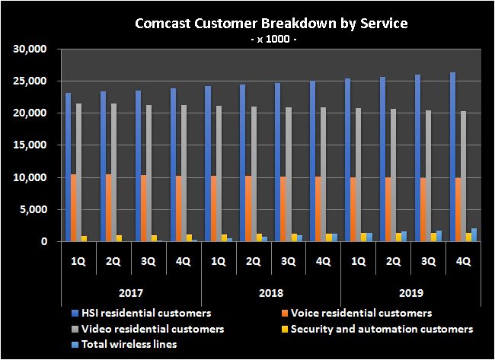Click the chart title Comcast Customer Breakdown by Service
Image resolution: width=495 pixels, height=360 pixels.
pyautogui.click(x=271, y=23)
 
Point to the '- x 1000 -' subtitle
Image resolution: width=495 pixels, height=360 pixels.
pyautogui.click(x=271, y=39)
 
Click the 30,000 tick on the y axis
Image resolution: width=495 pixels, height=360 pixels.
pyautogui.click(x=31, y=49)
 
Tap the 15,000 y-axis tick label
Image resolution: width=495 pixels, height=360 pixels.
pyautogui.click(x=31, y=145)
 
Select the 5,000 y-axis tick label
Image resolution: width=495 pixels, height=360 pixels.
pyautogui.click(x=34, y=210)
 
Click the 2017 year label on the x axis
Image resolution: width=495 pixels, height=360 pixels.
pyautogui.click(x=130, y=292)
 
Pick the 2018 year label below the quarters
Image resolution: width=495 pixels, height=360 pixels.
pyautogui.click(x=270, y=292)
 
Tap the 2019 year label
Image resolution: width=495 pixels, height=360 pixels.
pyautogui.click(x=410, y=292)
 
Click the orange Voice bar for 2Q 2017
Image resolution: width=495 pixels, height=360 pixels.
pyautogui.click(x=109, y=208)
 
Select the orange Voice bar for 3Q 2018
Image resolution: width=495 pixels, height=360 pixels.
pyautogui.click(x=283, y=209)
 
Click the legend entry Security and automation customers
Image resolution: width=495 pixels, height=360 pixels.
pyautogui.click(x=382, y=329)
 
